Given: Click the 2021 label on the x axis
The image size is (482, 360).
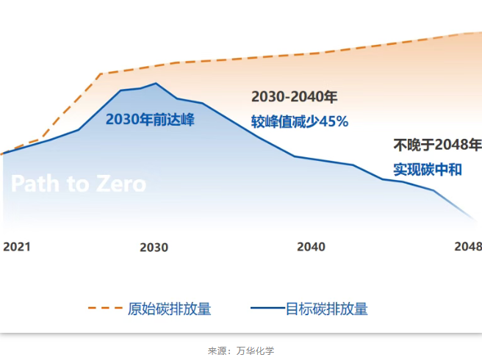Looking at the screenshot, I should (x=17, y=247).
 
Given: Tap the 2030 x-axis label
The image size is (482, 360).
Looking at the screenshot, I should (x=154, y=248).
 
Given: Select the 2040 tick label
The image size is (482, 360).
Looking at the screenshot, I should (x=311, y=247).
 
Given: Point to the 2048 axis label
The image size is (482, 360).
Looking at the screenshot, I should (x=468, y=247).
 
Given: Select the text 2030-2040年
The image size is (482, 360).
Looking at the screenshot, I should (x=294, y=97).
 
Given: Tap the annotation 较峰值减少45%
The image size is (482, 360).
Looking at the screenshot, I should (x=299, y=121).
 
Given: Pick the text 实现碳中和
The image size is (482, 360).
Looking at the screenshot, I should (x=427, y=170).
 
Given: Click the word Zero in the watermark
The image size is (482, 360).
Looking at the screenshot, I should (x=120, y=184).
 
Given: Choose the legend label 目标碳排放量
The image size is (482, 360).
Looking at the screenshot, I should (x=326, y=309).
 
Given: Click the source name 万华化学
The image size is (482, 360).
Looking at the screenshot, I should (x=256, y=350).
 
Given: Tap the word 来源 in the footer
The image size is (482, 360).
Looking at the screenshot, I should (x=217, y=350).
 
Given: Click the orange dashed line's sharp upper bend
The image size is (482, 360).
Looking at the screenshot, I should (x=100, y=73).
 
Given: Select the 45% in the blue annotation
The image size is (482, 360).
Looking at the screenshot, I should (x=333, y=121).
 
